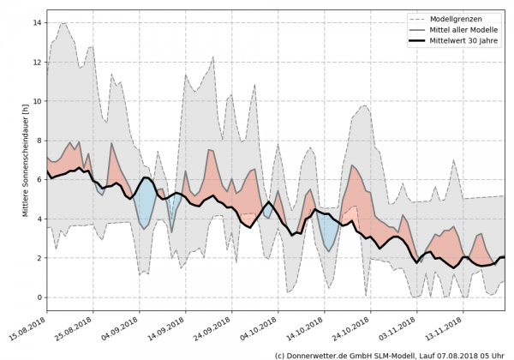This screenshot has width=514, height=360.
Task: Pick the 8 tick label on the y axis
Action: coord(39,141)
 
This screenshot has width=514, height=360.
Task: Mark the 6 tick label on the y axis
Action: coord(39,180)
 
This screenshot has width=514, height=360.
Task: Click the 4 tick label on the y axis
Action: coord(39,219)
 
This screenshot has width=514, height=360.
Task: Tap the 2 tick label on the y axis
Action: coord(39,258)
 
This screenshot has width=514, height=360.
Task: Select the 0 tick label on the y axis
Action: coord(39,297)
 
